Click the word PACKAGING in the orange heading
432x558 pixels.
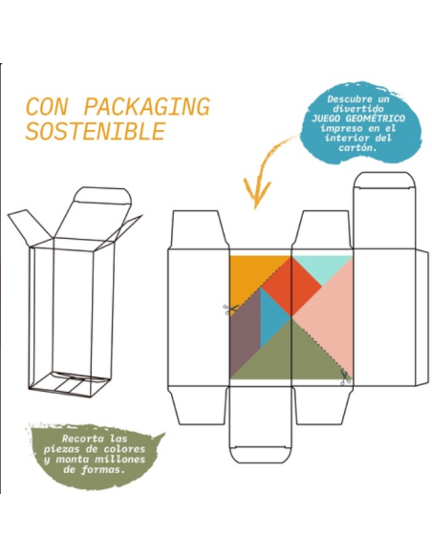[147, 106]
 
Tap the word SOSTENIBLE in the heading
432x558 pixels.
[96, 131]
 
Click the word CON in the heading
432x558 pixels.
[47, 106]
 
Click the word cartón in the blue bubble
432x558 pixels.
[357, 148]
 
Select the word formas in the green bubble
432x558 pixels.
[103, 469]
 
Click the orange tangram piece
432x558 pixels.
[253, 276]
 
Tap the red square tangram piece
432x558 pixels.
[292, 286]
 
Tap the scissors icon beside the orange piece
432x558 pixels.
[229, 310]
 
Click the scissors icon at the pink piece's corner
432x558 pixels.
[344, 378]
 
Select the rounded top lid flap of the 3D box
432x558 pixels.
[101, 196]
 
